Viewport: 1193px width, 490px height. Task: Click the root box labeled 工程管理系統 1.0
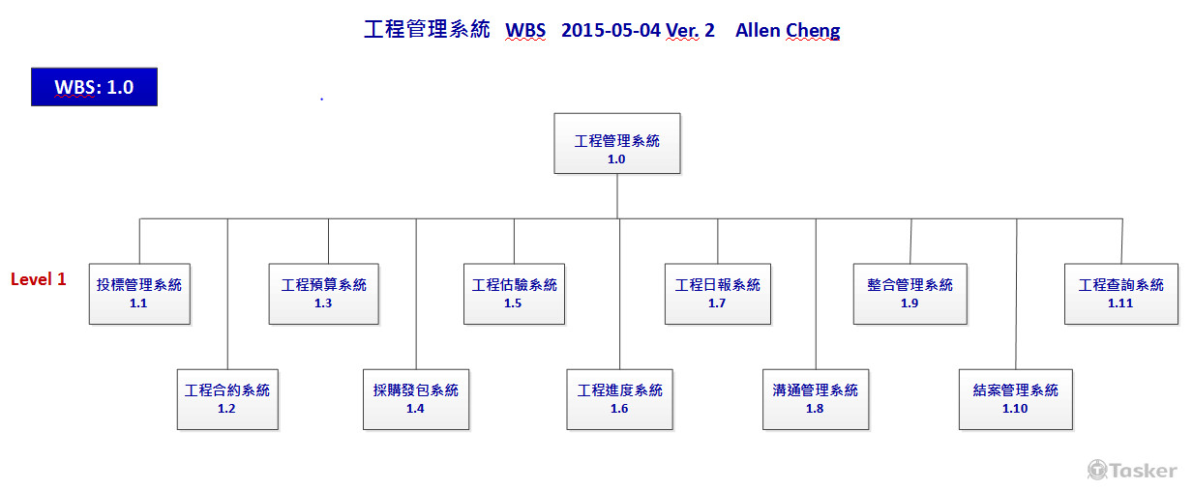pyautogui.click(x=616, y=144)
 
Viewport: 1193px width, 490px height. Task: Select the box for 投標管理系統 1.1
pyautogui.click(x=138, y=293)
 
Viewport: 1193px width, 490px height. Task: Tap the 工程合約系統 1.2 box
pyautogui.click(x=227, y=399)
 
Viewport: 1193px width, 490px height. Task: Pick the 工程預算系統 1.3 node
pyautogui.click(x=323, y=293)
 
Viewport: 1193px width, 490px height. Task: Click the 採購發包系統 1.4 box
pyautogui.click(x=415, y=399)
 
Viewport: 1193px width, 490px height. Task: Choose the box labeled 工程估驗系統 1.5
pyautogui.click(x=514, y=293)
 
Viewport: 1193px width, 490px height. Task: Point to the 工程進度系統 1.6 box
pyautogui.click(x=619, y=399)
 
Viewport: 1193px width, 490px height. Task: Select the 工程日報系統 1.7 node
pyautogui.click(x=717, y=293)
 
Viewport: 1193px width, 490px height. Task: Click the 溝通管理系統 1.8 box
pyautogui.click(x=815, y=399)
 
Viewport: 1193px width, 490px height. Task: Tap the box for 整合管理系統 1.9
pyautogui.click(x=910, y=293)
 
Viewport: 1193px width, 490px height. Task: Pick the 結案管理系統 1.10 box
pyautogui.click(x=1015, y=399)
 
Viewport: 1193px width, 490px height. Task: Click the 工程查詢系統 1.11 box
pyautogui.click(x=1120, y=293)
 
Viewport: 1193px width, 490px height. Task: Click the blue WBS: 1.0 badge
pyautogui.click(x=94, y=87)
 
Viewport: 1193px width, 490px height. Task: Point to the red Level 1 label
pyautogui.click(x=39, y=279)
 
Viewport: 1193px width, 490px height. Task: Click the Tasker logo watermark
pyautogui.click(x=1132, y=471)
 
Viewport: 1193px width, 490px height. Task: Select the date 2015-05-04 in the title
pyautogui.click(x=611, y=30)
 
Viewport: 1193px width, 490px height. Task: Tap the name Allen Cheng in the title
pyautogui.click(x=788, y=30)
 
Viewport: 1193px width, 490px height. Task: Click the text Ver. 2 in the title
pyautogui.click(x=690, y=30)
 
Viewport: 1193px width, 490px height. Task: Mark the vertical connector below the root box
pyautogui.click(x=617, y=196)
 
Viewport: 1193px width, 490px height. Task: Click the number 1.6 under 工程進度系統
pyautogui.click(x=619, y=409)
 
